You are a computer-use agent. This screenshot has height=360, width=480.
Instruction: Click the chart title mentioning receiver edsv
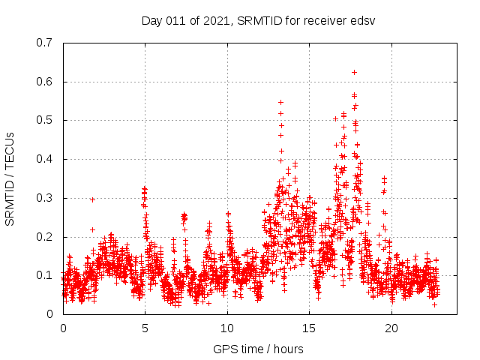click(x=258, y=20)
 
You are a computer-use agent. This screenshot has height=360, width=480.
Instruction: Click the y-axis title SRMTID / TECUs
click(x=10, y=178)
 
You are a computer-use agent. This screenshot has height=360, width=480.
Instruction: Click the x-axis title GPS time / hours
click(x=258, y=349)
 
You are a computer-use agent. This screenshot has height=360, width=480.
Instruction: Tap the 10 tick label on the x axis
click(x=227, y=328)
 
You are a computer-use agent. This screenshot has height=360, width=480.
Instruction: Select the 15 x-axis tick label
click(x=310, y=328)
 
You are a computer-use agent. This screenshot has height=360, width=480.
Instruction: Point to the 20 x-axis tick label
click(x=391, y=328)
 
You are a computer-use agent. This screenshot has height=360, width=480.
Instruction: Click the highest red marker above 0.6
click(x=354, y=72)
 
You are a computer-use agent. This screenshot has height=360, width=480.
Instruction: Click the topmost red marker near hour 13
click(x=281, y=102)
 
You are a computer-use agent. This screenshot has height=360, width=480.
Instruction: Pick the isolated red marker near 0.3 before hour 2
click(x=92, y=199)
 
